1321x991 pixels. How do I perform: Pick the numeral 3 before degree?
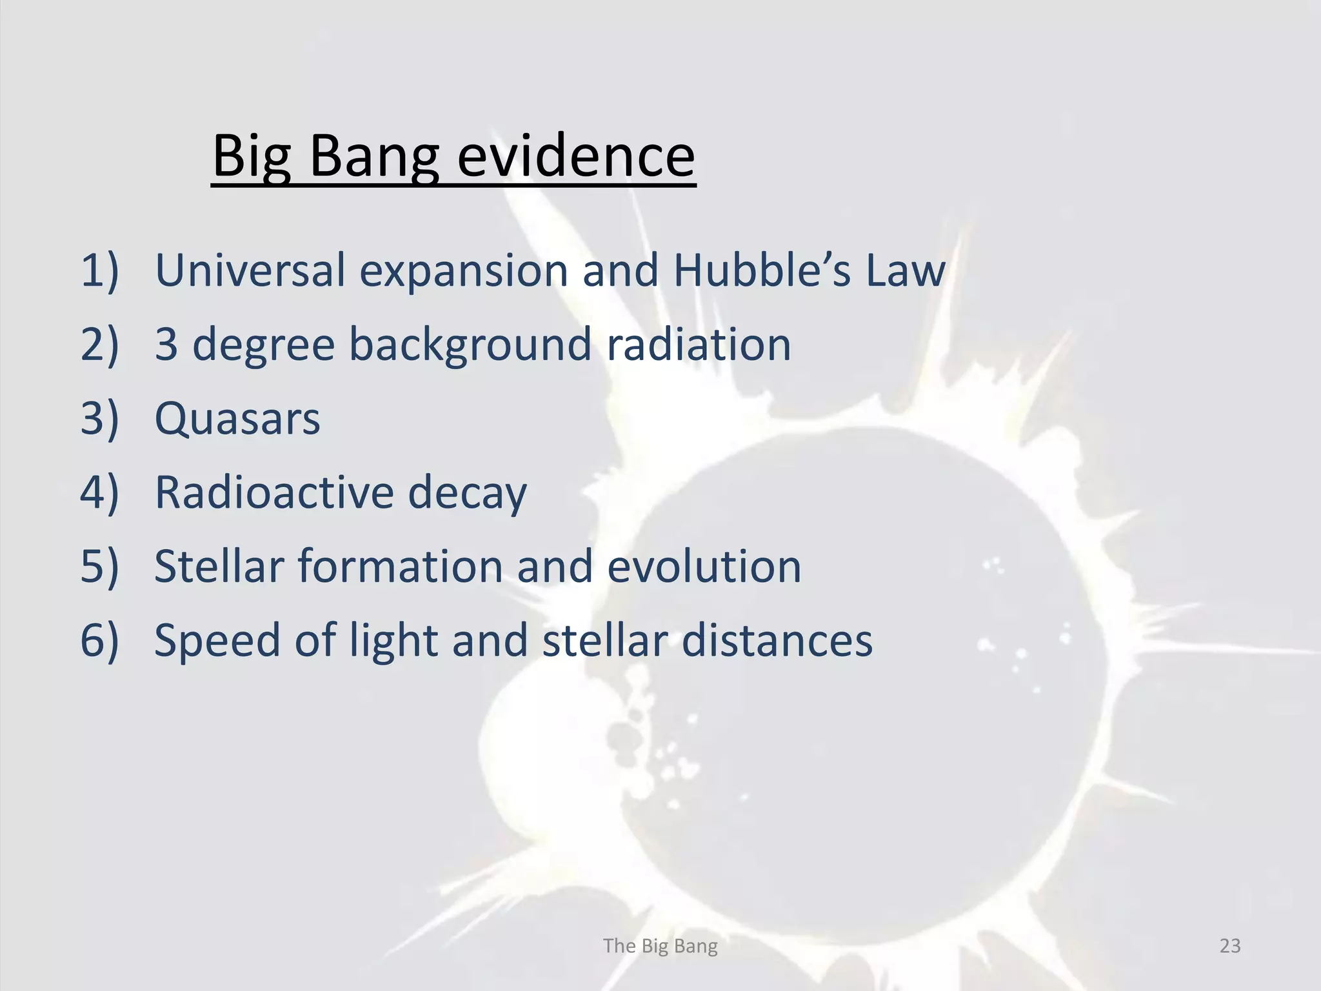click(x=166, y=344)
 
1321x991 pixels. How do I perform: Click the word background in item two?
click(x=470, y=345)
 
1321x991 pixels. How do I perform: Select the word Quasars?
click(x=237, y=419)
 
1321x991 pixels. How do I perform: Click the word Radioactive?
click(x=274, y=492)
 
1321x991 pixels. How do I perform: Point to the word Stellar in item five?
click(x=219, y=566)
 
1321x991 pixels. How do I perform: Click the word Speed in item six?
click(x=217, y=641)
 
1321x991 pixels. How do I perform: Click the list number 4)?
click(x=99, y=492)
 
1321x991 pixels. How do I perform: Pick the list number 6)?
click(x=99, y=641)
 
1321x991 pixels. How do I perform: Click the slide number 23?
click(x=1230, y=946)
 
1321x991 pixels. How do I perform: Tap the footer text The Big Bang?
click(x=660, y=946)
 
